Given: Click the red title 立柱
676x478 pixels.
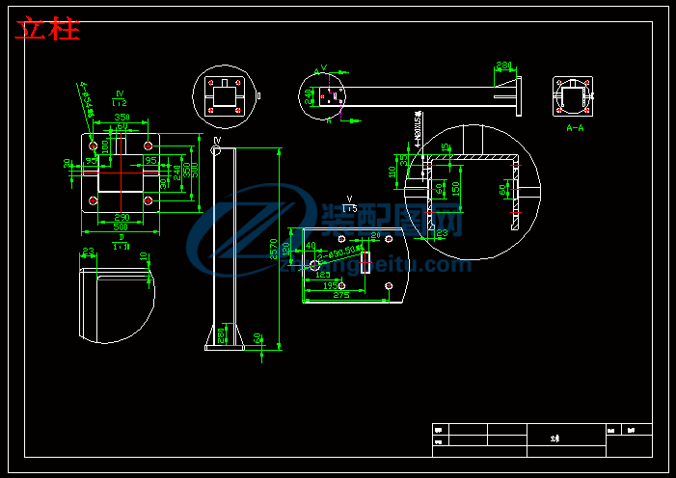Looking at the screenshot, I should click(x=47, y=29).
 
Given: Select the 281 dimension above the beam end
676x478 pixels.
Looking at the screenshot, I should click(x=503, y=66).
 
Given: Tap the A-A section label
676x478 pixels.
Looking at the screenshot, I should click(x=575, y=126).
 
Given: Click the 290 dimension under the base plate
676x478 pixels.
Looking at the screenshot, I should click(x=122, y=217).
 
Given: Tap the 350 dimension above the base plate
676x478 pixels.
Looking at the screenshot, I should click(x=122, y=118).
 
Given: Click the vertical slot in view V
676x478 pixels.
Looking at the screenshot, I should click(x=365, y=262).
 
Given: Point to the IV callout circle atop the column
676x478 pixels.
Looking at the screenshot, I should click(x=216, y=150).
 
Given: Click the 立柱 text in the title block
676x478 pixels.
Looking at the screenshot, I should click(x=554, y=438).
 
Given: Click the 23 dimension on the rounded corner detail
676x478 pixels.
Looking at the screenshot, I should click(x=88, y=252).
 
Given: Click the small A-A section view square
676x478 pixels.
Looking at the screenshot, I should click(x=573, y=96).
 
